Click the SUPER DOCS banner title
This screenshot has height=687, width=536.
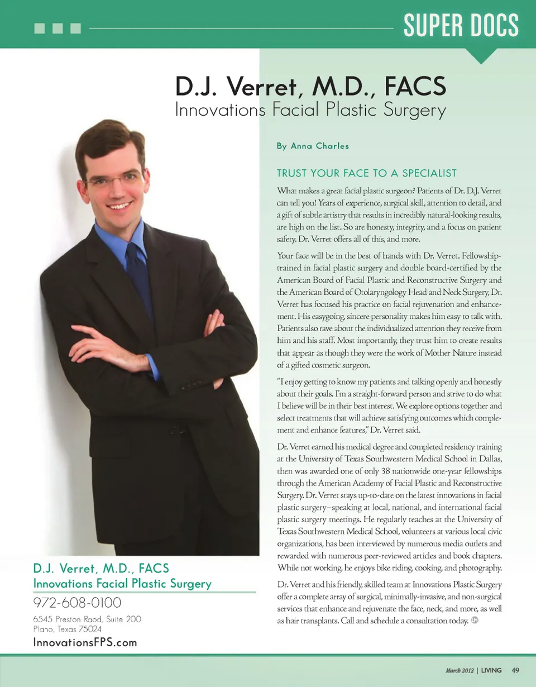pos(461,25)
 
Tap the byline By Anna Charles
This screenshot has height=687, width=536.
pos(313,146)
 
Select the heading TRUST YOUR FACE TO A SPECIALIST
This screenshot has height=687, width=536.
pos(367,174)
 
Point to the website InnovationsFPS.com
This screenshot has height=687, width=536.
pos(85,642)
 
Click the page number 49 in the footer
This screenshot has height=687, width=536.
pos(515,670)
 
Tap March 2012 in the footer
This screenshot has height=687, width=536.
pos(460,670)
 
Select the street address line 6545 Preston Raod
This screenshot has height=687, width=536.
pos(87,619)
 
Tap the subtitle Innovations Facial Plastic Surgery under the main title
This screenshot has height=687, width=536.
pos(310,109)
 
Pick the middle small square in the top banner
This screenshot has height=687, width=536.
pos(58,28)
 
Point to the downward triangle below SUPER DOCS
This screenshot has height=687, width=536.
pos(481,56)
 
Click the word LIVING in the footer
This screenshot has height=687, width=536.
pos(492,670)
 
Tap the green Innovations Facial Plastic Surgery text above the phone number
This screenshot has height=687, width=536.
pos(122,584)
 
